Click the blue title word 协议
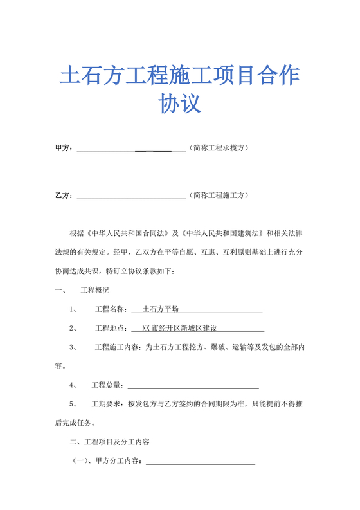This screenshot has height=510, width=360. pos(180,104)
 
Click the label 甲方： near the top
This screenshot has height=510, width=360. pos(64,148)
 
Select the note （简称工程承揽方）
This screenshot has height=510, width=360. pos(219,148)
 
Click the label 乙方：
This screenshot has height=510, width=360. pos(64,195)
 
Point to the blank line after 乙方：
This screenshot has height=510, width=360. pos(131,197)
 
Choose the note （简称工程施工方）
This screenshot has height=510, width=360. pos(219,195)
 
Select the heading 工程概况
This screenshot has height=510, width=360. pos(94,290)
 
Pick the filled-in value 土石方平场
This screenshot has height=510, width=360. pos(161,309)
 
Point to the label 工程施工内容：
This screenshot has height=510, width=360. pos(120,347)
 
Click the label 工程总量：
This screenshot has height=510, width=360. pos(108,385)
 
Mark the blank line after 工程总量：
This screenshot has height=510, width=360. pos(194,387)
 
